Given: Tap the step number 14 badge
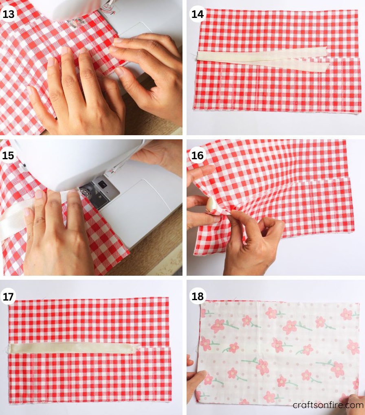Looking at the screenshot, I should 197,14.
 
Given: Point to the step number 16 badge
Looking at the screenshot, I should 197,155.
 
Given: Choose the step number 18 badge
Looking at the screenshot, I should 197,296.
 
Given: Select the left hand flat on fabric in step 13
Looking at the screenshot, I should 81,94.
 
